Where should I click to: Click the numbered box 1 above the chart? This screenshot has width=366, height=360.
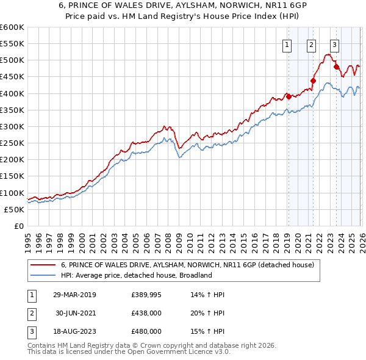click(287, 43)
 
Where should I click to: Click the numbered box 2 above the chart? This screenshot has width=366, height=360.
click(311, 43)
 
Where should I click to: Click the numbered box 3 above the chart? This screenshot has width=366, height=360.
click(335, 43)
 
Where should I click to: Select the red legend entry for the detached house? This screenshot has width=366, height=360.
click(187, 265)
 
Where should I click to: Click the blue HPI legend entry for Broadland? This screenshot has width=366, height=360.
click(136, 275)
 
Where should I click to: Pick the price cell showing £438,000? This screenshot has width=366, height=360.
click(146, 313)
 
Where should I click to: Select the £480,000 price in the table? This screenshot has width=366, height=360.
click(146, 331)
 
